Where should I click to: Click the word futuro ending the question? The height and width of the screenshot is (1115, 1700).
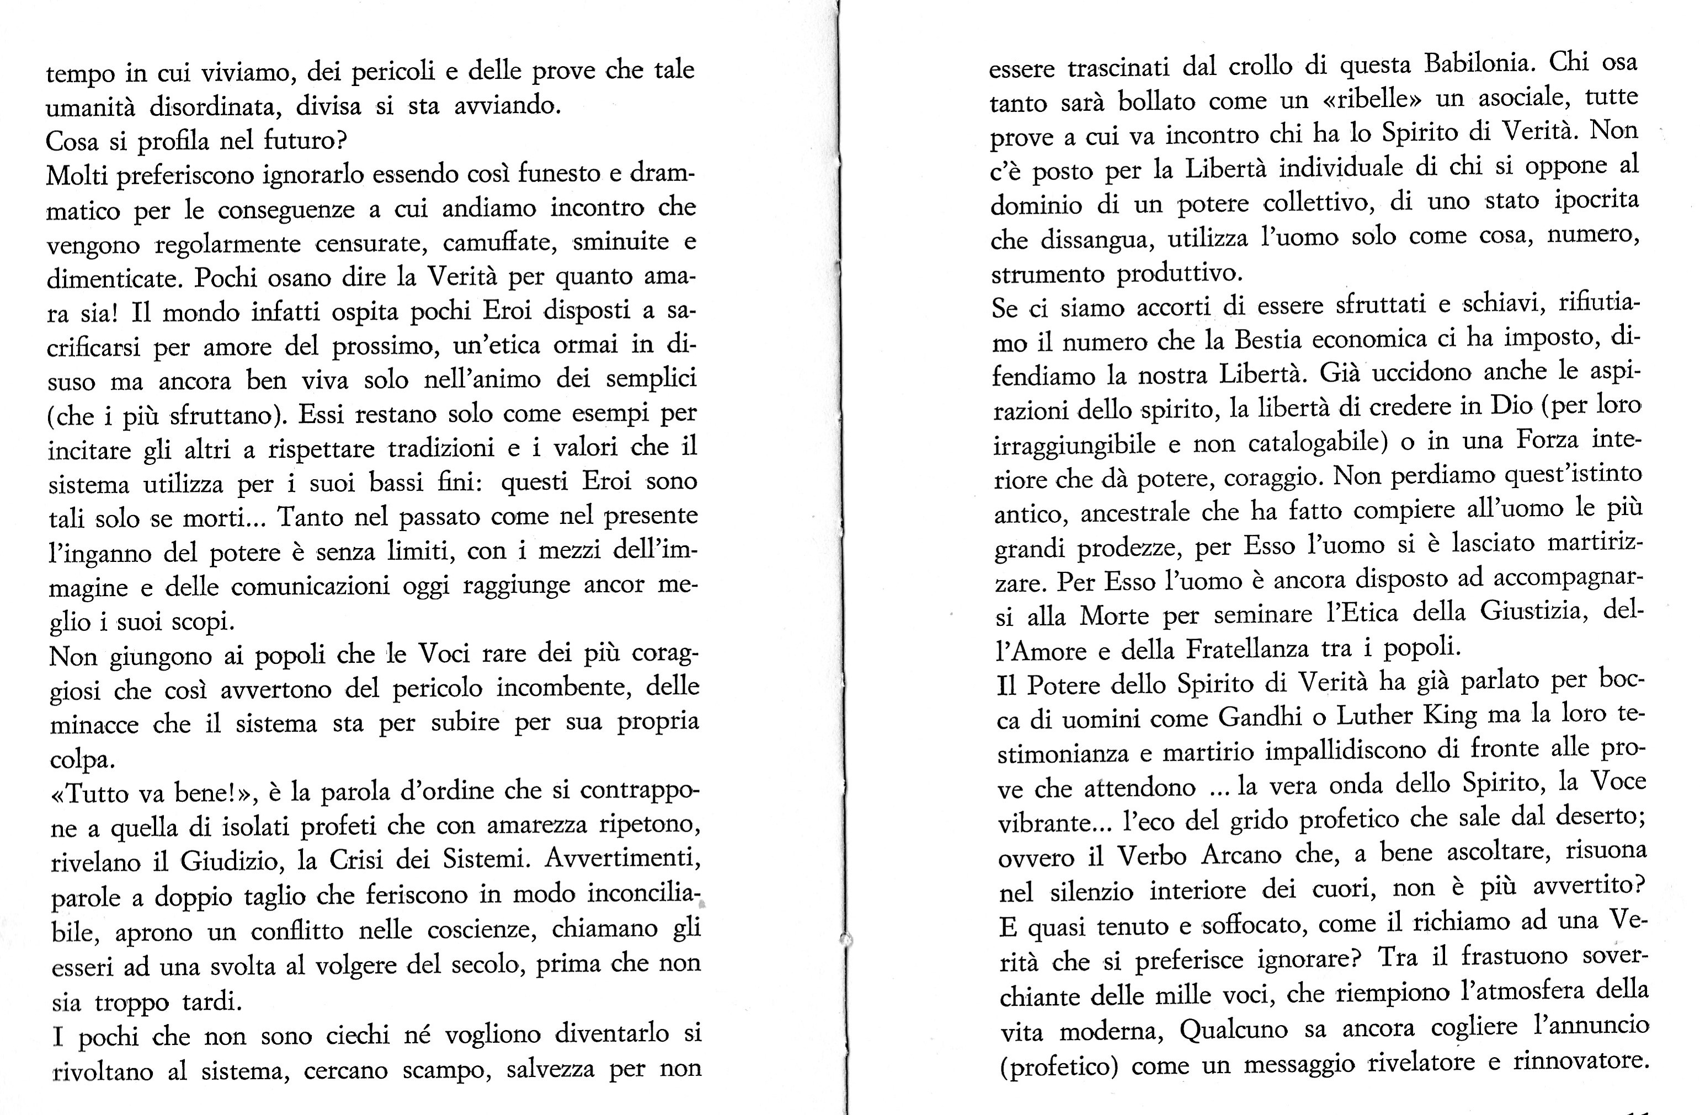pyautogui.click(x=304, y=141)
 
